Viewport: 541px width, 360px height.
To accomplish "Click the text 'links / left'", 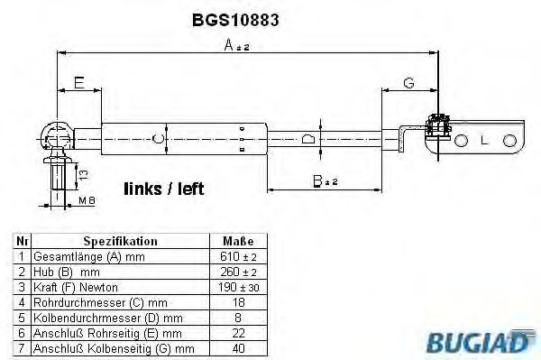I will tap(163, 189).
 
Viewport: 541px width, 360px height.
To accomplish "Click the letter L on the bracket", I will tap(484, 142).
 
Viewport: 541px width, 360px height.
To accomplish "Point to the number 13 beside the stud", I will tap(83, 171).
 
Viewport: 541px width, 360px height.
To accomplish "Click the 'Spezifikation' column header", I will tap(120, 242).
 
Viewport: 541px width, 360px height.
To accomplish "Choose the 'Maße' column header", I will tap(238, 242).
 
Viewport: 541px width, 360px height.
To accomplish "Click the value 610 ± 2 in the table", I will tap(238, 257).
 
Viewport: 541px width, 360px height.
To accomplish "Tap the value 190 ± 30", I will tap(238, 287).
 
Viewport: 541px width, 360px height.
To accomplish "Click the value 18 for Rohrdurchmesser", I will tap(238, 302).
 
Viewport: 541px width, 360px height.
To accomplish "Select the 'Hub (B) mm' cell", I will tap(66, 272).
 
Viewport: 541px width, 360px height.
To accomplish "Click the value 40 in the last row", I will tap(238, 347).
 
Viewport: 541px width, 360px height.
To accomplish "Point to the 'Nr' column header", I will tap(22, 242).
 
